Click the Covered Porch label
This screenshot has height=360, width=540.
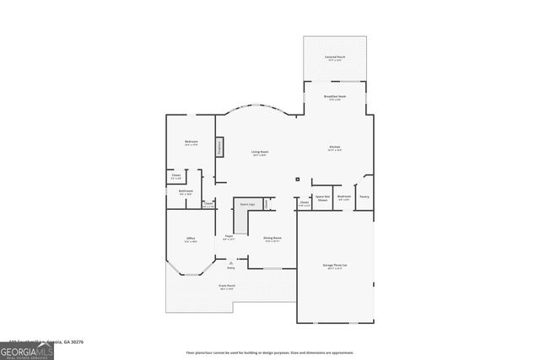coord(335,58)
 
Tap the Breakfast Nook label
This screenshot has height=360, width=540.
coord(335,98)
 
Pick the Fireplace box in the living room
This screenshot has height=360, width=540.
coord(219,147)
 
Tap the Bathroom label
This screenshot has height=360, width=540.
coord(186,192)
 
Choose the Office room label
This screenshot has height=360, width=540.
coord(191,240)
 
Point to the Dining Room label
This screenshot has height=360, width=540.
coord(272,239)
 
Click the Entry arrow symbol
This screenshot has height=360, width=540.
coord(230,263)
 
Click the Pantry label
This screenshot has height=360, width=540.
coord(364,197)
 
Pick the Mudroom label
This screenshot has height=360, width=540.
coord(344,197)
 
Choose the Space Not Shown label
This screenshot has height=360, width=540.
coord(322,198)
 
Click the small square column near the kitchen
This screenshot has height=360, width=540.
coord(297,180)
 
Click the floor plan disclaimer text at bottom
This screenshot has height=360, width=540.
coord(269,352)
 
